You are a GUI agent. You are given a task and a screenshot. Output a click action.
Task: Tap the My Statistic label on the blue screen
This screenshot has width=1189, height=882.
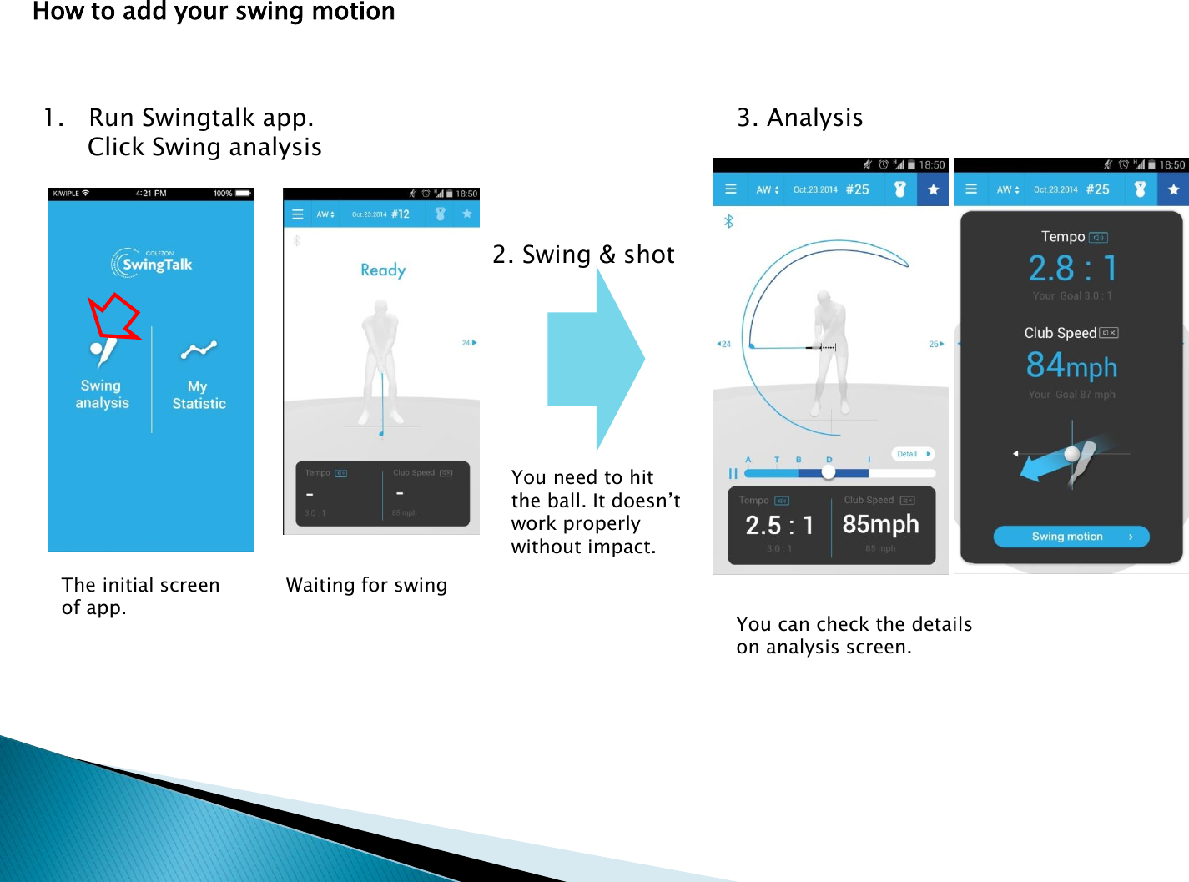click(x=199, y=395)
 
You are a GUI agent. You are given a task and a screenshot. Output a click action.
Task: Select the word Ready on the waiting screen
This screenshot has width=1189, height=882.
click(x=383, y=270)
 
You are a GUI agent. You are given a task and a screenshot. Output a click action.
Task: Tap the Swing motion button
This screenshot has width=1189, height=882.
click(x=1071, y=537)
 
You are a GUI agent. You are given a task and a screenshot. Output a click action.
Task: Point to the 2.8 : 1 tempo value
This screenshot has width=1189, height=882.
click(x=1072, y=268)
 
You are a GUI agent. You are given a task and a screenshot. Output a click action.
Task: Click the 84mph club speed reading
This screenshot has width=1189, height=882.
click(x=1071, y=365)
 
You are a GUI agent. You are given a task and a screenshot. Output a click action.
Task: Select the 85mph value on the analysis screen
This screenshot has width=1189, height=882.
click(x=880, y=524)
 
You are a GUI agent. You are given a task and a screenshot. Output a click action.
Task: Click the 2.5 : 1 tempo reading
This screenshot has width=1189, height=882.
click(x=778, y=525)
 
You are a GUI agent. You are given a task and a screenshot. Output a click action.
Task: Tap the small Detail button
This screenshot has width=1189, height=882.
click(x=913, y=454)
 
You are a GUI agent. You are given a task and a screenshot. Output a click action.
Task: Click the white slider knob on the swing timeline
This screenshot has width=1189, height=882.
click(x=828, y=472)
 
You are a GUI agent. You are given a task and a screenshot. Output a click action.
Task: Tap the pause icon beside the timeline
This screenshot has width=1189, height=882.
click(x=733, y=473)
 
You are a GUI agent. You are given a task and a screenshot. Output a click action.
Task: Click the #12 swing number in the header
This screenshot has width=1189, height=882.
click(x=401, y=214)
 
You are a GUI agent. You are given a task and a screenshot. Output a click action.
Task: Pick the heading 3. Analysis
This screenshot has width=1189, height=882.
click(x=799, y=118)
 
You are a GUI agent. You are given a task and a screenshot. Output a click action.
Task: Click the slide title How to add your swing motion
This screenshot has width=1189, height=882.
click(x=214, y=12)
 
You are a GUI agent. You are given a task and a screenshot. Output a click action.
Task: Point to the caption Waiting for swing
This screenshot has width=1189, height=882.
click(x=366, y=585)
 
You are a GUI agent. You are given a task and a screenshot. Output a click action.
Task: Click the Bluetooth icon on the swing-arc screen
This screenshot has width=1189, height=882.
click(x=728, y=221)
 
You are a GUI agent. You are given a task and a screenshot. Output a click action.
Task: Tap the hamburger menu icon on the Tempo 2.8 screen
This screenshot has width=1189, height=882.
click(x=971, y=189)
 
